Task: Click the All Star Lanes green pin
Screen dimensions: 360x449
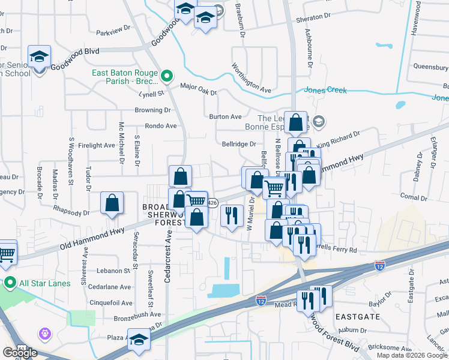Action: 9,283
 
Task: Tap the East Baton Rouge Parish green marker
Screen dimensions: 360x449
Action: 167,76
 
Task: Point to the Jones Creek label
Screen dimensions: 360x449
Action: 325,90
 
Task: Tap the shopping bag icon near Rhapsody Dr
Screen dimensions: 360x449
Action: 112,204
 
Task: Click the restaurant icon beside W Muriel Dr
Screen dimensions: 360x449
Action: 232,215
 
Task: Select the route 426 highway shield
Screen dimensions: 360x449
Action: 212,203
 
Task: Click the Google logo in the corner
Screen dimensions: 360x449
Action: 20,353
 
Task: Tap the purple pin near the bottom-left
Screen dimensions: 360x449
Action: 43,333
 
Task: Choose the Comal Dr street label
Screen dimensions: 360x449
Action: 414,196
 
